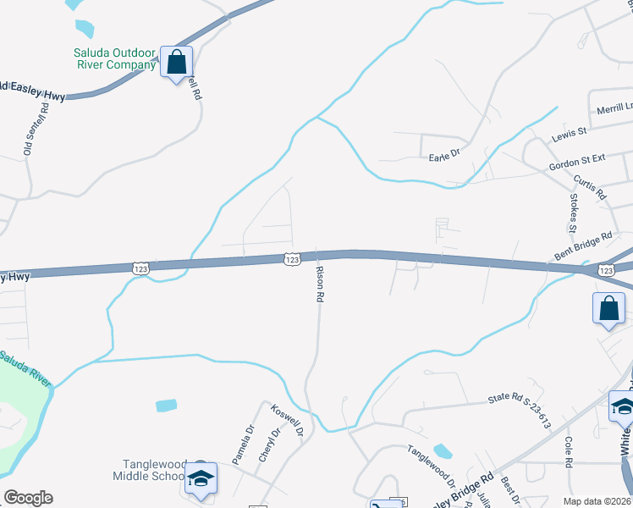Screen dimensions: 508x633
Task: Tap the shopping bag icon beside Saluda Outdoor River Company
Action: pyautogui.click(x=176, y=62)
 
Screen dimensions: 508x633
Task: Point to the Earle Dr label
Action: pyautogui.click(x=443, y=156)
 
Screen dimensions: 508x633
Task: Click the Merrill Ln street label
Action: pyautogui.click(x=614, y=108)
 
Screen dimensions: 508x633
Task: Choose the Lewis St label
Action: pyautogui.click(x=569, y=134)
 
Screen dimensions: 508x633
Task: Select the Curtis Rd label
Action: pyautogui.click(x=590, y=188)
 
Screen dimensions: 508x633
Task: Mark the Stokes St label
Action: pyautogui.click(x=573, y=213)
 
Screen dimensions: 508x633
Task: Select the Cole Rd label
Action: pyautogui.click(x=569, y=451)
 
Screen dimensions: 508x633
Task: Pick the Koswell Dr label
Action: pyautogui.click(x=287, y=421)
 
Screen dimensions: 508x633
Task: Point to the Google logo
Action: pyautogui.click(x=28, y=497)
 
